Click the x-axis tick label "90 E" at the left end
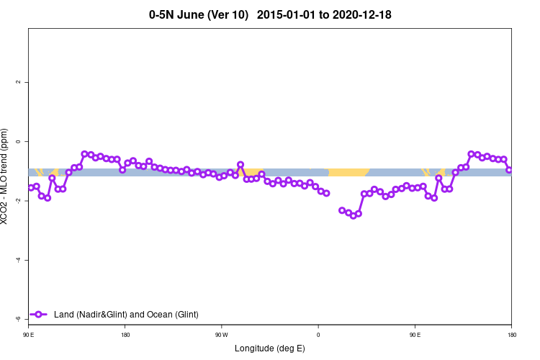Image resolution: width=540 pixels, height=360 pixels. pos(29,335)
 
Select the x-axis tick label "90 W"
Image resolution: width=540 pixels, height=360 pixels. pos(222,335)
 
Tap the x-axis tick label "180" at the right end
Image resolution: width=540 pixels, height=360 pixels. pos(511,335)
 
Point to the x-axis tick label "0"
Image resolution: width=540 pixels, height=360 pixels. pos(318,335)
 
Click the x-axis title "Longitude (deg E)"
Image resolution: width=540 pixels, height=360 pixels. pos(270,348)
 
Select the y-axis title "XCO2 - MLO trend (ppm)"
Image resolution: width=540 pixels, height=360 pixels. pos(6,176)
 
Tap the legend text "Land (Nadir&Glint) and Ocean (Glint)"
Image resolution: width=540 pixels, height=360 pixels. pos(126,315)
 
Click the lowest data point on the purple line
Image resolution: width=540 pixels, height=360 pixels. pos(354,215)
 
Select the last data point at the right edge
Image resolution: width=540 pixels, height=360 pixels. pos(509,170)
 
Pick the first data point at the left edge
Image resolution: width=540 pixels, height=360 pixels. pos(31,187)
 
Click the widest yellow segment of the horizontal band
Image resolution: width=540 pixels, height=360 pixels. pos(348,172)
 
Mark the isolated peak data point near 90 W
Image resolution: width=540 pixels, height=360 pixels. pos(240,165)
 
